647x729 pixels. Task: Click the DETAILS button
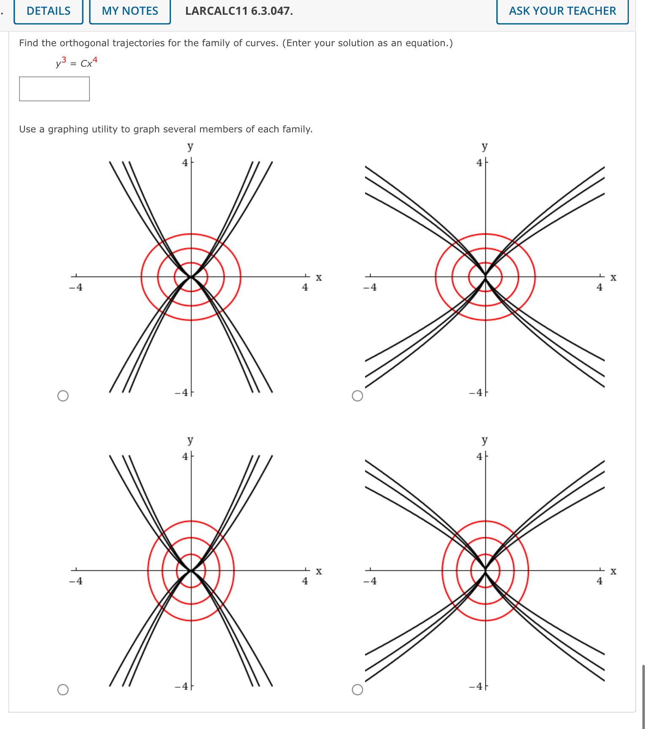click(x=49, y=11)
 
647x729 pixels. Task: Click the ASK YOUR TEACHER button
click(x=562, y=11)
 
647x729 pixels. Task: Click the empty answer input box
click(x=54, y=89)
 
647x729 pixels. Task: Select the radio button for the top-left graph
click(x=63, y=396)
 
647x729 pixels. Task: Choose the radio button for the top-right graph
click(x=357, y=396)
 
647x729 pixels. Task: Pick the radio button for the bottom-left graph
click(x=63, y=689)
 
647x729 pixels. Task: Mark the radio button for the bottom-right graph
click(x=357, y=689)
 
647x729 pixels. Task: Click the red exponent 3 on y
click(x=64, y=60)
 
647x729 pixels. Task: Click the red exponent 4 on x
click(x=95, y=60)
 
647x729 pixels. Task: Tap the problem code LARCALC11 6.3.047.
click(x=239, y=11)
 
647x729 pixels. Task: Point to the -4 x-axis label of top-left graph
click(x=76, y=287)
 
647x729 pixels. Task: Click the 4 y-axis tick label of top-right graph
click(x=479, y=163)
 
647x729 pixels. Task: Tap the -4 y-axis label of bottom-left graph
click(x=182, y=686)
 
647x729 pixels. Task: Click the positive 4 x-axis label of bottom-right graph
click(x=599, y=581)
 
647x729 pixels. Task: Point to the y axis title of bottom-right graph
click(x=485, y=440)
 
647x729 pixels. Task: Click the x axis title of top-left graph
click(x=319, y=277)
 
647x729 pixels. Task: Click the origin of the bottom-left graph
click(x=191, y=571)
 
